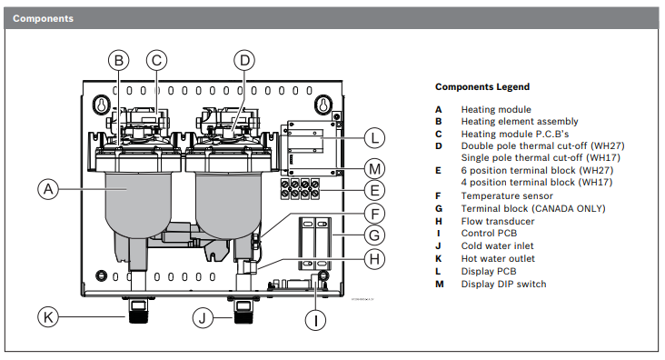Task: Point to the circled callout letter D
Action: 243,60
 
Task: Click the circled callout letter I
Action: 316,319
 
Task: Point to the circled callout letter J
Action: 204,317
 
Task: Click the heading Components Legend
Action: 481,87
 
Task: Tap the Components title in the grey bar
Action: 44,18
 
